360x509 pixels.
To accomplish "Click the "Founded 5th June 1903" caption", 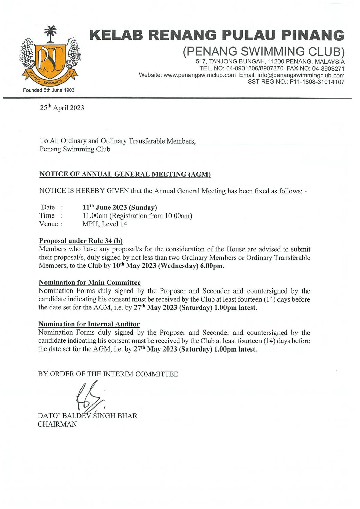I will (x=49, y=90).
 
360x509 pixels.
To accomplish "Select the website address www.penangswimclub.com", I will (x=199, y=75).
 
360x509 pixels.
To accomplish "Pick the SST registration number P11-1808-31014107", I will (x=317, y=82).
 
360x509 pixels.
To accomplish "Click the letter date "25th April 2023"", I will (x=62, y=108).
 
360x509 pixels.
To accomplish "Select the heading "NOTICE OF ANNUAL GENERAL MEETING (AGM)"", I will (x=125, y=174).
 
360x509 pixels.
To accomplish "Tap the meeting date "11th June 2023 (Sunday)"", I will (x=120, y=207).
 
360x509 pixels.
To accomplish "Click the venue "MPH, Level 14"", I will (x=105, y=224).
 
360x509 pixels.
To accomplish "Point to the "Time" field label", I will (x=47, y=216).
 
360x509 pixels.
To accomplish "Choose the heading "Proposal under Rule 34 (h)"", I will (x=81, y=241).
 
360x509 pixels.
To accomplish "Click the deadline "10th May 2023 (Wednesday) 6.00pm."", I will (x=168, y=266).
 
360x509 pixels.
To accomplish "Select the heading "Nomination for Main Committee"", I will (x=90, y=283).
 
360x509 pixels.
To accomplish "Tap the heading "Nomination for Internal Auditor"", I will (x=89, y=324).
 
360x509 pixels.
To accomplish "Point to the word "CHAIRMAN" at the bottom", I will (x=57, y=424).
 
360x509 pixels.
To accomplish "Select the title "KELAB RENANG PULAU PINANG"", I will (x=217, y=35).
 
